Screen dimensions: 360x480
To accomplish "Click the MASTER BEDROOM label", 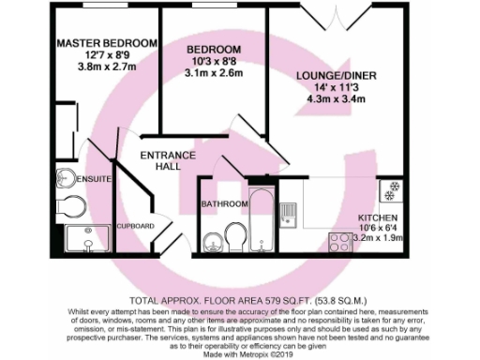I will click(105, 44).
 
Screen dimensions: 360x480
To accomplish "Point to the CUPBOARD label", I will click(135, 226).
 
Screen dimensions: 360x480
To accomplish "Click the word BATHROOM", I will click(224, 203).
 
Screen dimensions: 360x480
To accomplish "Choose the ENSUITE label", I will click(96, 177).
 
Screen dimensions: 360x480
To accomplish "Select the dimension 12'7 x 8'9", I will click(105, 56).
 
